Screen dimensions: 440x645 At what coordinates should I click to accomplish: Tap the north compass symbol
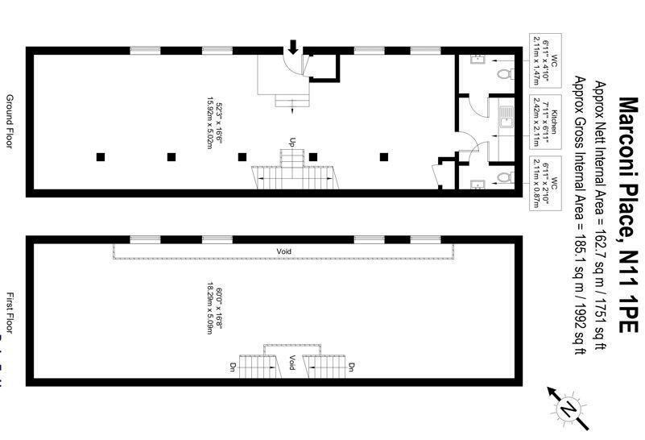pos(568,406)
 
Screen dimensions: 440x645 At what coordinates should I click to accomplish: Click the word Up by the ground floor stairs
pos(292,141)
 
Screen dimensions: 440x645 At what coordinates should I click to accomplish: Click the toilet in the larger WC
pos(504,74)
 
